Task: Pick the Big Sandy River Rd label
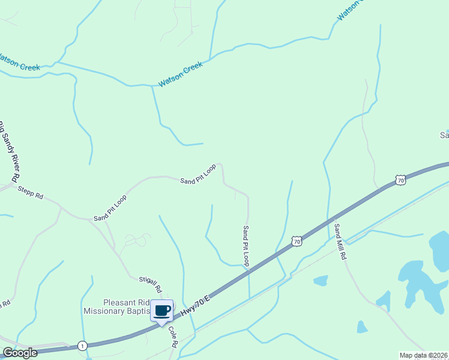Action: [x=8, y=151]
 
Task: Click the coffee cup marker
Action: [x=161, y=311]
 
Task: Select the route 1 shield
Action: [x=82, y=346]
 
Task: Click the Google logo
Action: [x=20, y=353]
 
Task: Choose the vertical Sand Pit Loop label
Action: [x=246, y=246]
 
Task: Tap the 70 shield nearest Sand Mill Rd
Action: [x=296, y=241]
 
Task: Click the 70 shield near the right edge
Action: [x=400, y=179]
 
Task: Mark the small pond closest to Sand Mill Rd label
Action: [x=321, y=280]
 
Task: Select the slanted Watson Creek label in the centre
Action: [x=181, y=75]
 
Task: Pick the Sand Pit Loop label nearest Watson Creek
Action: [x=198, y=174]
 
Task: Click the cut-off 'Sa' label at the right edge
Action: [x=444, y=135]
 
